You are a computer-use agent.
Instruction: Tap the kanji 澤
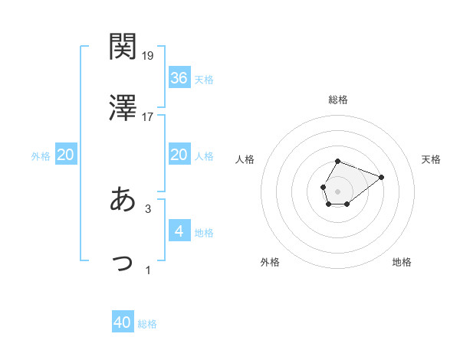123,108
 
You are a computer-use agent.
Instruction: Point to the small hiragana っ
123,262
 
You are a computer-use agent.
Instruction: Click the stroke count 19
148,55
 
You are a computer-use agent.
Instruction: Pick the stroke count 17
148,117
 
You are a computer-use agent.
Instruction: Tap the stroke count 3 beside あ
148,208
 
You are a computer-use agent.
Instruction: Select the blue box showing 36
179,78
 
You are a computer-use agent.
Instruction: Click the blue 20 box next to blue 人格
179,155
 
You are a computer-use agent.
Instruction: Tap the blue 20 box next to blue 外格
66,155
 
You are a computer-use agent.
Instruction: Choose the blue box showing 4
179,231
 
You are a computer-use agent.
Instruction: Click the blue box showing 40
123,322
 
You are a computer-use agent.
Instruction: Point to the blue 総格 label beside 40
148,324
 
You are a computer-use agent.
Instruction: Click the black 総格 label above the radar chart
338,100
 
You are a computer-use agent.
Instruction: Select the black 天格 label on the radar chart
432,159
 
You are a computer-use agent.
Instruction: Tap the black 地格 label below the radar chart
402,262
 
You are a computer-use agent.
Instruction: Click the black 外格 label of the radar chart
270,262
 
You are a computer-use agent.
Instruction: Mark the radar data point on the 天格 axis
381,177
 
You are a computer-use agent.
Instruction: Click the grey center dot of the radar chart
337,190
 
